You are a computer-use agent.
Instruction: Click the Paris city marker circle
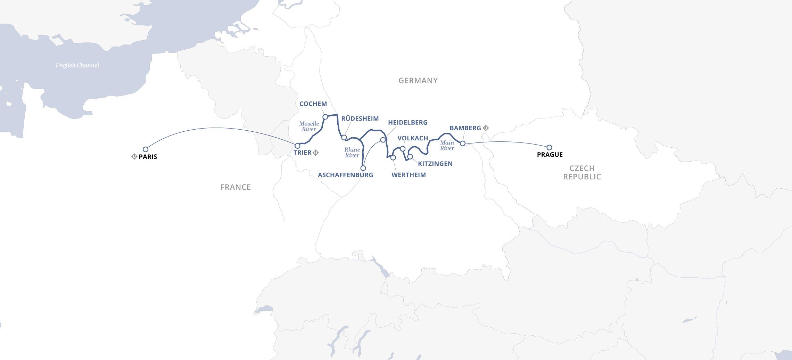(x=146, y=149)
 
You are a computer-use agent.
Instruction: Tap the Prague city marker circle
(x=549, y=147)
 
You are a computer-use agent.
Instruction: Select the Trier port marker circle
(x=297, y=146)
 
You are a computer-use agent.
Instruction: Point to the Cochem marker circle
(x=325, y=117)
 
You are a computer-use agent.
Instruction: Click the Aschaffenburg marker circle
(x=363, y=168)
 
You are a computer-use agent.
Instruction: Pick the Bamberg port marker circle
(x=462, y=143)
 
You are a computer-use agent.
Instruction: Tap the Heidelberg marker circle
(x=383, y=140)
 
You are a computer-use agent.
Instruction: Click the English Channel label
(x=77, y=65)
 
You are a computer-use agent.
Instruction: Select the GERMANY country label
(x=418, y=81)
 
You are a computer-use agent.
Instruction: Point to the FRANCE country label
(x=236, y=187)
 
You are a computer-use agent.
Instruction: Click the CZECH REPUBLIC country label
(x=582, y=173)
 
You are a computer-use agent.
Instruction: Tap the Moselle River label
(x=309, y=126)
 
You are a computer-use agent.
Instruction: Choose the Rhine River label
(x=352, y=153)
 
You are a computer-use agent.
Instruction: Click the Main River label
(x=447, y=145)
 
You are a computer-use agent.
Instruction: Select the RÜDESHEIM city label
(x=360, y=118)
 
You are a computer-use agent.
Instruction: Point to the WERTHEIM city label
(x=409, y=175)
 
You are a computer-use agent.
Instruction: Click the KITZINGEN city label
(x=435, y=164)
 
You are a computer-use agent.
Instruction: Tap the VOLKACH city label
(x=413, y=138)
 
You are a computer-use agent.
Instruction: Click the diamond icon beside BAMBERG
(x=486, y=128)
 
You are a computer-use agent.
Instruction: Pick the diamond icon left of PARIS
(x=134, y=156)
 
